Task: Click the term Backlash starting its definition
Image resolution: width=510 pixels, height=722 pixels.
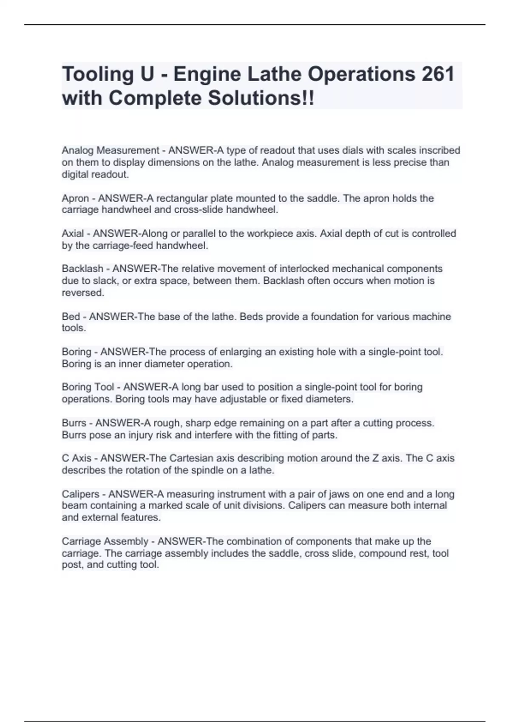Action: pyautogui.click(x=82, y=269)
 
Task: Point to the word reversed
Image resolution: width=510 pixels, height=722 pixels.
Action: pyautogui.click(x=82, y=293)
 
